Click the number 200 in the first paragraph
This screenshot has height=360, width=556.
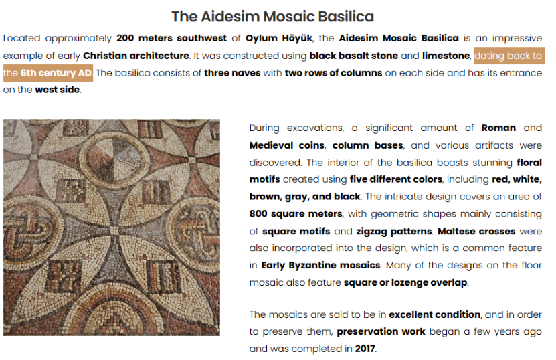[125, 38]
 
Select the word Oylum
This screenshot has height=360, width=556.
[262, 39]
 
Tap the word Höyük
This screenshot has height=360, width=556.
[297, 38]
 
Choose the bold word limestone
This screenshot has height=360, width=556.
[446, 56]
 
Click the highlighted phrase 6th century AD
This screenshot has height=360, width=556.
[56, 73]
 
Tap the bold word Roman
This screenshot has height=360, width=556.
[498, 128]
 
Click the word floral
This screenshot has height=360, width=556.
[529, 163]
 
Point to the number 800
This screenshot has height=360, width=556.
[258, 214]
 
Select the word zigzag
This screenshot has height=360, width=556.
[371, 232]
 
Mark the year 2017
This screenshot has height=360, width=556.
[365, 349]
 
